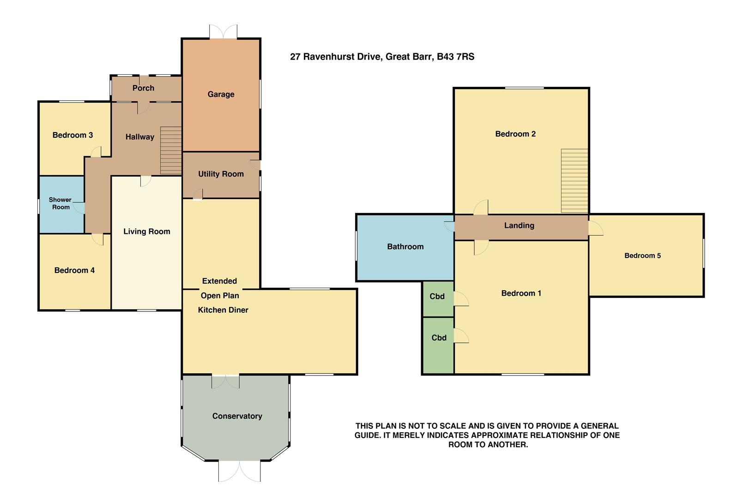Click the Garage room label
[x=221, y=94]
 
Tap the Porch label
[x=143, y=88]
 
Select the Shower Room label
[x=60, y=203]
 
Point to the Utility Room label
[x=221, y=174]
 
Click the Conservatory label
[x=237, y=416]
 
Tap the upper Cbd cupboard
[x=437, y=297]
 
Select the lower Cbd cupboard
[x=439, y=338]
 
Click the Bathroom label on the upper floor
[x=405, y=247]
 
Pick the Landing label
[x=519, y=225]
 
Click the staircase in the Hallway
[x=171, y=150]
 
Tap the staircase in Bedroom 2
[x=574, y=180]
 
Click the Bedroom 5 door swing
[x=596, y=228]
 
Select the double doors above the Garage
[x=223, y=32]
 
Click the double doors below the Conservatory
[x=239, y=471]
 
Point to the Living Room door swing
[x=145, y=181]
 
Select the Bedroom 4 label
[x=74, y=270]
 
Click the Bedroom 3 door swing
[x=96, y=152]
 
